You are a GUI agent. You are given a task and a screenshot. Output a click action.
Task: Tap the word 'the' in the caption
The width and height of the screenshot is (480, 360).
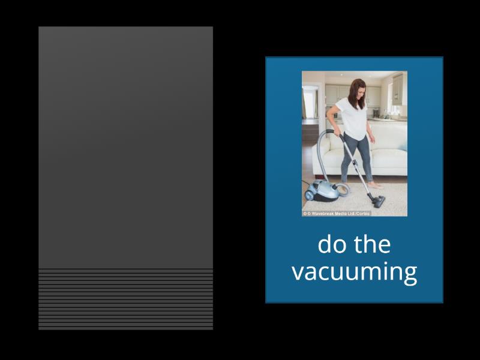point(372,245)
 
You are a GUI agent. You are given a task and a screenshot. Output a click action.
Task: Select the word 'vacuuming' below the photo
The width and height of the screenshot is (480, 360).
point(354,272)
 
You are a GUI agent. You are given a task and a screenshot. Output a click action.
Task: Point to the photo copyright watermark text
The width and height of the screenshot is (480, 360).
point(337,213)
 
